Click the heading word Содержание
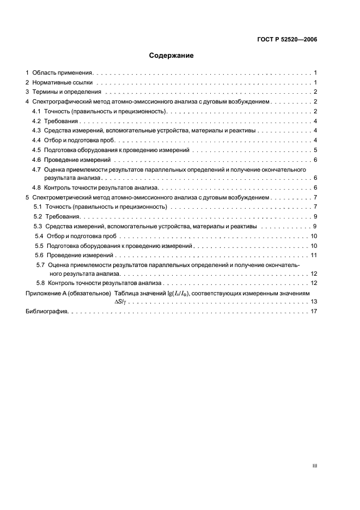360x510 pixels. tap(172, 56)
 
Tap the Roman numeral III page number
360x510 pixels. tap(314, 466)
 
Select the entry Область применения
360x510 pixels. tap(63, 72)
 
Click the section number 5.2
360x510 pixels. tap(39, 217)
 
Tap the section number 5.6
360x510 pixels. tap(40, 255)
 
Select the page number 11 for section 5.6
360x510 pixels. tap(314, 255)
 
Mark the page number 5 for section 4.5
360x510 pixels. tap(315, 150)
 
